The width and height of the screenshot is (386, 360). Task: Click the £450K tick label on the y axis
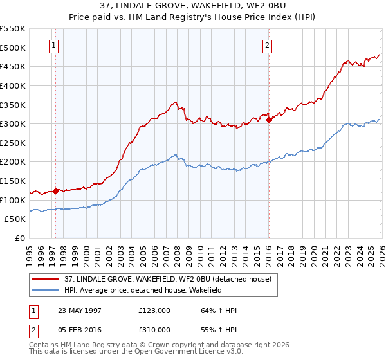(13, 66)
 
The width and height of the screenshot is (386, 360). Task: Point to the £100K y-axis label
(13, 200)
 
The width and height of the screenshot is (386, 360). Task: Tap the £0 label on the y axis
(20, 238)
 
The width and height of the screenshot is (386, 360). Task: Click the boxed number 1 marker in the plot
(53, 45)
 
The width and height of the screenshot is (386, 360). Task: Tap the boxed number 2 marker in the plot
(266, 45)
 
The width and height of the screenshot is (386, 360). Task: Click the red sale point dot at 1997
(56, 191)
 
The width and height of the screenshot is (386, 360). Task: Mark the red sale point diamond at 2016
(268, 120)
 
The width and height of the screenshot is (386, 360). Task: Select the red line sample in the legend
(46, 279)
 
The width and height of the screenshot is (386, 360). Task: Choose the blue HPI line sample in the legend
(46, 289)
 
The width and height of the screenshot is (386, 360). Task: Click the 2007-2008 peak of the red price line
(175, 102)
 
